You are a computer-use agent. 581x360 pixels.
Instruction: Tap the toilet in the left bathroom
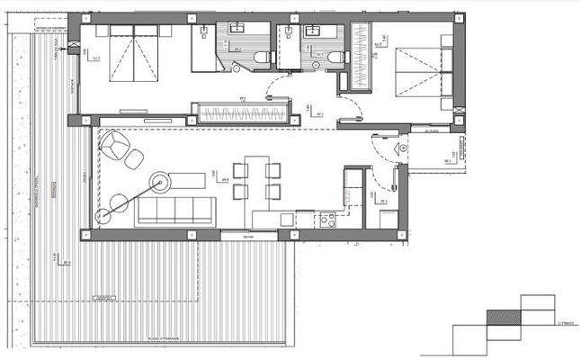coord(261,58)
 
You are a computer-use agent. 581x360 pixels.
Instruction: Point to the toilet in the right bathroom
coord(335,58)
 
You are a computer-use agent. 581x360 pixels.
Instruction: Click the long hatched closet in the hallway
coord(243,113)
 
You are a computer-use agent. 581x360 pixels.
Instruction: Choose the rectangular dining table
coord(256,180)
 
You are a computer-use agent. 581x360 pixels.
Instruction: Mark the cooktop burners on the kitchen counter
coord(327,218)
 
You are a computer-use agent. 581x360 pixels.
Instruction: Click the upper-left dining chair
coord(239,170)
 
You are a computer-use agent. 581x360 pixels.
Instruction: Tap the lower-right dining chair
coord(273,193)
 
